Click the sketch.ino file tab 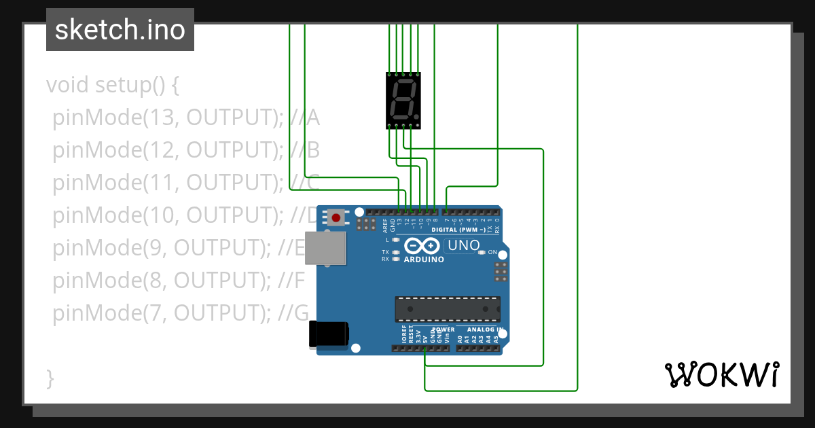[x=120, y=30]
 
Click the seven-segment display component [x=403, y=100]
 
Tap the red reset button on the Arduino [x=336, y=217]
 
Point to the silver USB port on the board [x=325, y=248]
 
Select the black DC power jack [x=329, y=333]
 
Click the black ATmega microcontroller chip [x=448, y=308]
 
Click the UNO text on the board [x=465, y=245]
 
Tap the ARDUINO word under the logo [x=424, y=260]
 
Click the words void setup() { [x=113, y=86]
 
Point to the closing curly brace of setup [x=50, y=378]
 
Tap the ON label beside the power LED [x=493, y=252]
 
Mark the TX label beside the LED [x=385, y=252]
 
